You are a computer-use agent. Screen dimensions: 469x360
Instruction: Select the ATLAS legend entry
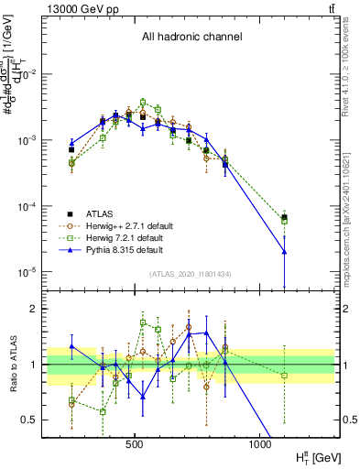coord(99,210)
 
